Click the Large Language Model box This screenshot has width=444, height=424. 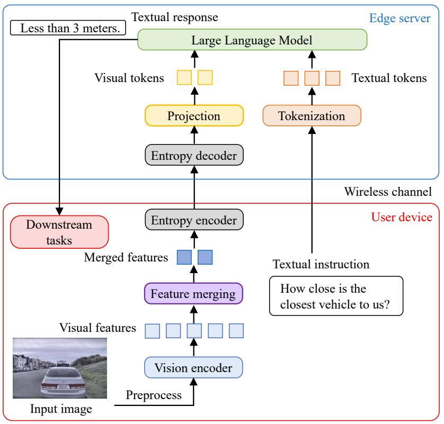coord(252,40)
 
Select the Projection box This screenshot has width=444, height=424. coord(193,115)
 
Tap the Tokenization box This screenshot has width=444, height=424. coord(312,115)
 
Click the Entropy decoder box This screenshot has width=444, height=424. coord(193,155)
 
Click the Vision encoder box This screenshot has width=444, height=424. coord(193,366)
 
